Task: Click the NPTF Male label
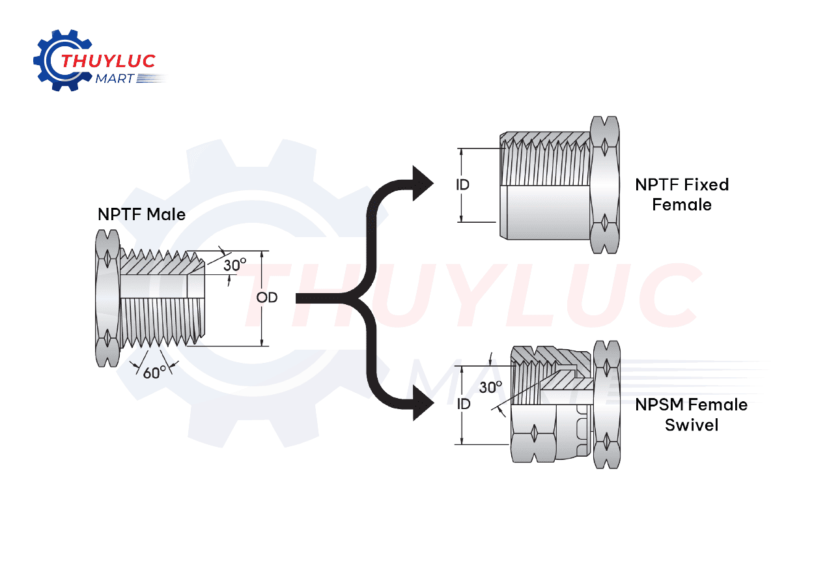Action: pyautogui.click(x=141, y=214)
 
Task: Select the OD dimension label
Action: pyautogui.click(x=267, y=298)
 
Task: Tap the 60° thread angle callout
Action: pyautogui.click(x=154, y=373)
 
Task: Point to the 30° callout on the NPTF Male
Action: pyautogui.click(x=234, y=265)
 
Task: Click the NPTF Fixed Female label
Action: pyautogui.click(x=682, y=195)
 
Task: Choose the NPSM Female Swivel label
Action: pyautogui.click(x=691, y=415)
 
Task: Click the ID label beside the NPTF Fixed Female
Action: pyautogui.click(x=462, y=185)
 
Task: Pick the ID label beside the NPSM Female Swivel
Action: pyautogui.click(x=463, y=404)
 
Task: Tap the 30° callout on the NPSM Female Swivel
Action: pyautogui.click(x=490, y=388)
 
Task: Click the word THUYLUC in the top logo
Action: pyautogui.click(x=108, y=61)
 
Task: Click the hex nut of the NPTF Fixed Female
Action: pyautogui.click(x=605, y=185)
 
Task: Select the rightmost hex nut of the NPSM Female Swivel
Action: pyautogui.click(x=606, y=404)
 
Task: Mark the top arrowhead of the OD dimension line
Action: pyautogui.click(x=261, y=255)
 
